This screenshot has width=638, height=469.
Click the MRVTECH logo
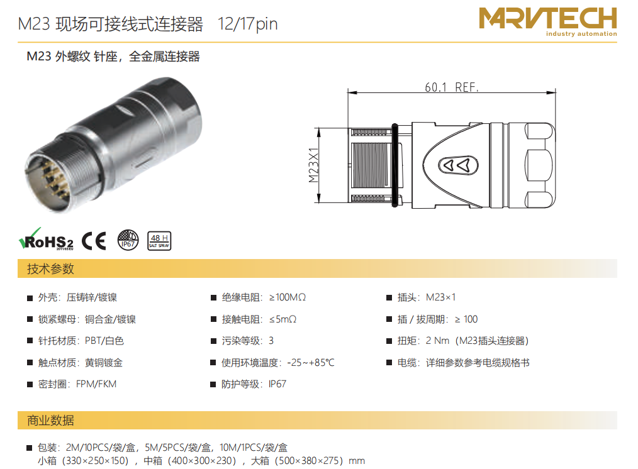tap(547, 21)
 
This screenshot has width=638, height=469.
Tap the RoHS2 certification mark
tap(46, 239)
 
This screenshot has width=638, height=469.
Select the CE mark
tap(94, 241)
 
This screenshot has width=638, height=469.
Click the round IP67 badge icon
tap(128, 240)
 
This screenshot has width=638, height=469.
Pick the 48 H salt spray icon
tap(159, 241)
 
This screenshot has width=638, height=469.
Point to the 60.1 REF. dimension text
tap(452, 87)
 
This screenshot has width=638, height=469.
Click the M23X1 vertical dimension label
tap(313, 165)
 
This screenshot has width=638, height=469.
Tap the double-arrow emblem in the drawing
tap(458, 165)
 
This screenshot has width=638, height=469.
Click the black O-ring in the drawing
tap(395, 165)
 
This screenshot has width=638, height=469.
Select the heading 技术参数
tap(50, 268)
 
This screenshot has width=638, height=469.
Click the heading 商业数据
tap(50, 420)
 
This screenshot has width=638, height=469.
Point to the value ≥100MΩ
tap(288, 297)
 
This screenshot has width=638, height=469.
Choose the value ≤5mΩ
tap(283, 319)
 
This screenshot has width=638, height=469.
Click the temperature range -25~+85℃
tap(311, 363)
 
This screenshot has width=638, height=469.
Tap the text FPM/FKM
tap(96, 384)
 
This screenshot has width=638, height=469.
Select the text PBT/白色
tap(104, 341)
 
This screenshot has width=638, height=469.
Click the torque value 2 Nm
tap(437, 341)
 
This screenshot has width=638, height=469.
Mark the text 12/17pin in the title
tap(247, 24)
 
